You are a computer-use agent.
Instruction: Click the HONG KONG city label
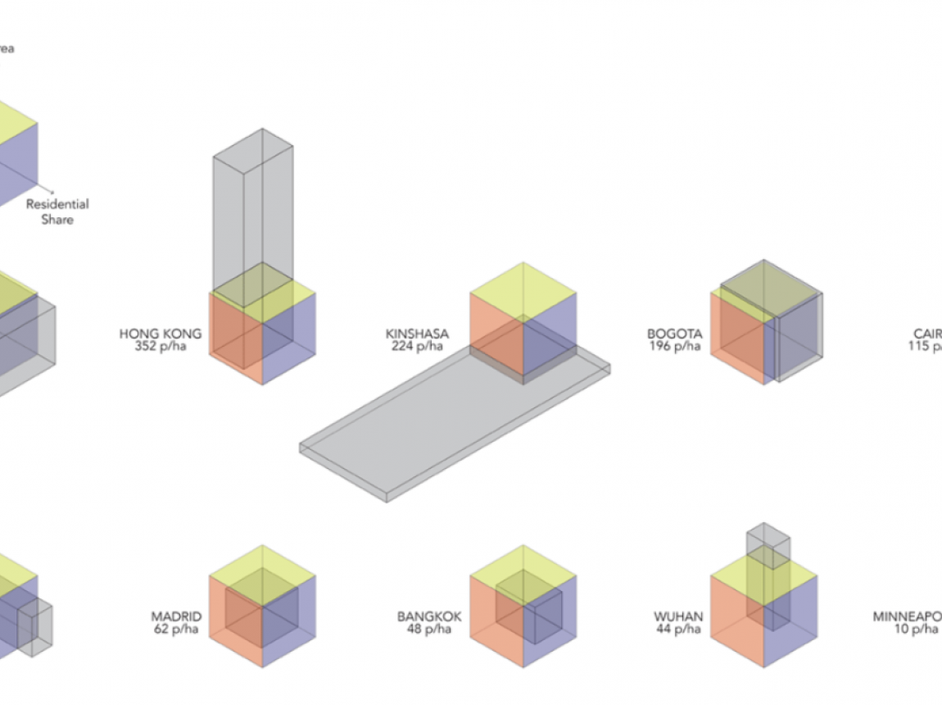click(160, 334)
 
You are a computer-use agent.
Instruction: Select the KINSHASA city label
click(417, 334)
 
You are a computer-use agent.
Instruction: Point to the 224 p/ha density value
click(417, 346)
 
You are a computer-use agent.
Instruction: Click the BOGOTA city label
click(674, 334)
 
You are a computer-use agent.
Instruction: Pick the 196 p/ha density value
click(674, 346)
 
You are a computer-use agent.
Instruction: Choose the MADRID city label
click(176, 616)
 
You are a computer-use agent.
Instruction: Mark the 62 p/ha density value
click(176, 629)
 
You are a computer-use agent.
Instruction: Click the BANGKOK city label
click(429, 616)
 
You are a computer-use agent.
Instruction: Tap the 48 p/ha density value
click(429, 629)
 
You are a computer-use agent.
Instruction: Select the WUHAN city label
click(678, 616)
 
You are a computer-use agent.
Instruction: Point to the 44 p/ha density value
click(678, 629)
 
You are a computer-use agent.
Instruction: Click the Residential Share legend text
click(57, 211)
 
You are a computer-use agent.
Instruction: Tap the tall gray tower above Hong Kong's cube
click(253, 205)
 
